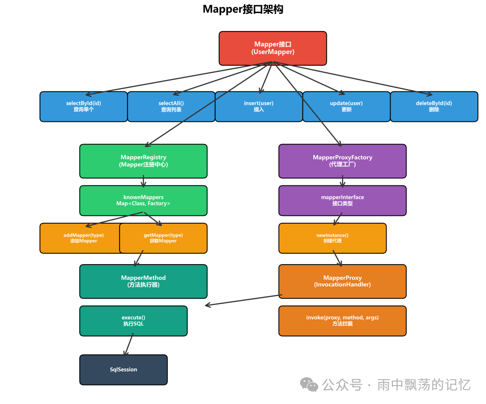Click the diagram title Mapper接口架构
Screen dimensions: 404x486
tap(243, 9)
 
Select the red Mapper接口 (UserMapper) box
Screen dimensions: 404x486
tap(273, 48)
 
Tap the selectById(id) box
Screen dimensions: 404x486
tap(83, 107)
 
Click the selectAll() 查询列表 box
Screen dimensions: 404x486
tap(171, 107)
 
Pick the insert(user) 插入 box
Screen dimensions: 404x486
tap(259, 107)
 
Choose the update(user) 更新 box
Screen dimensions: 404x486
tap(346, 107)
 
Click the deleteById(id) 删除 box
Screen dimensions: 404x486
tap(434, 107)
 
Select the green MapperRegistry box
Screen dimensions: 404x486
tap(143, 161)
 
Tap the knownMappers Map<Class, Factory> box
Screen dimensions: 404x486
tap(143, 201)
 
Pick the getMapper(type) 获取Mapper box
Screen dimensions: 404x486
tap(163, 238)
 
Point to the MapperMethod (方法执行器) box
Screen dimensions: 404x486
tap(143, 281)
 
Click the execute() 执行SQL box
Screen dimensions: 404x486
tap(133, 321)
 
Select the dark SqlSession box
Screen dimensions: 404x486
tap(123, 370)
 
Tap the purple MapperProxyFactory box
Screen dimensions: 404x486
tap(342, 161)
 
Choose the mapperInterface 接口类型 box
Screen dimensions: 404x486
tap(342, 201)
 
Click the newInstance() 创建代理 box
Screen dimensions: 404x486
tap(333, 238)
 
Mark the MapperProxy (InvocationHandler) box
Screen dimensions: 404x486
tap(342, 281)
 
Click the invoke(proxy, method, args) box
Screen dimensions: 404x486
tap(342, 321)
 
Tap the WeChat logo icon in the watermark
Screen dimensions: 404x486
tap(309, 385)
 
